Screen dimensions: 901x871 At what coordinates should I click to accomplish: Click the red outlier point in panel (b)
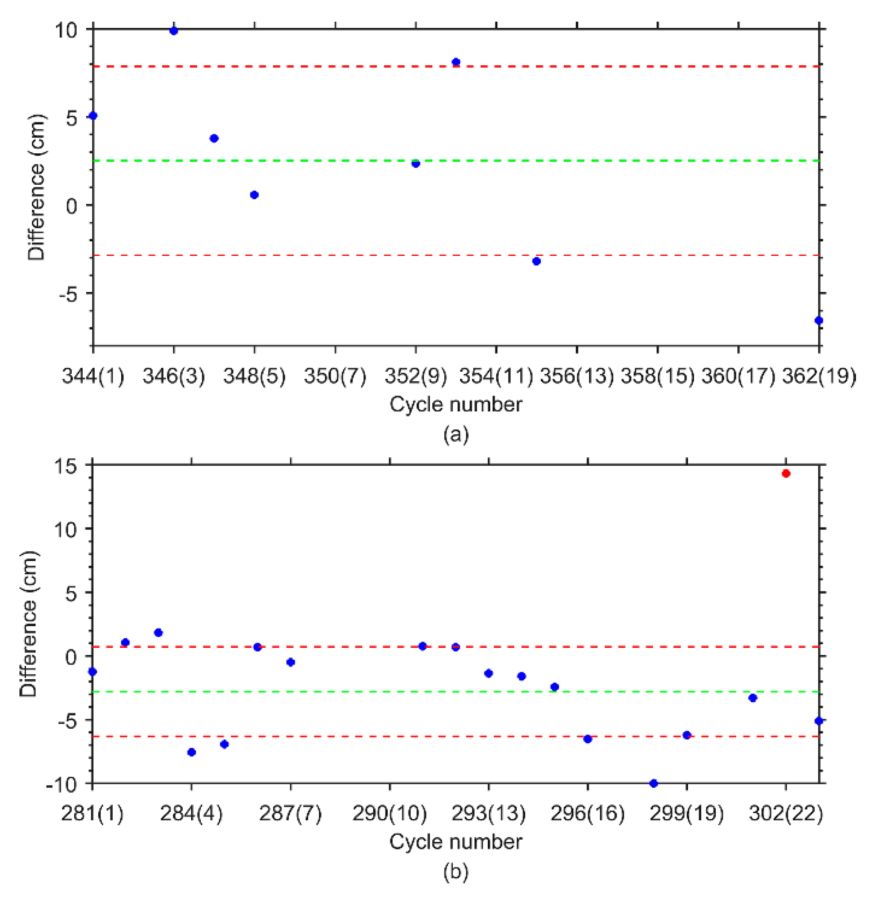point(786,474)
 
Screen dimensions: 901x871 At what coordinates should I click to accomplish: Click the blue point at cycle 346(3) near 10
point(173,31)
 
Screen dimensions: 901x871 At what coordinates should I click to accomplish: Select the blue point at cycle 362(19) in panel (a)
point(818,320)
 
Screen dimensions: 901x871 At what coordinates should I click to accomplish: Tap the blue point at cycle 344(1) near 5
point(93,115)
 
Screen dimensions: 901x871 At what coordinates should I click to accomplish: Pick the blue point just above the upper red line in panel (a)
point(456,62)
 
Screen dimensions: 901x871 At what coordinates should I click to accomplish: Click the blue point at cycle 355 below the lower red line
point(536,261)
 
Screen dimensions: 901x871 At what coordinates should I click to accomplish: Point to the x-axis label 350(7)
point(335,376)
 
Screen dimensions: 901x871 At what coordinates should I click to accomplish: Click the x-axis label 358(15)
point(657,376)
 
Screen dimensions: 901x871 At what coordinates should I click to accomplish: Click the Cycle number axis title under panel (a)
point(455,404)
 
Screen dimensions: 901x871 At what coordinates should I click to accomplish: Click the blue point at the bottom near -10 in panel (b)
point(653,783)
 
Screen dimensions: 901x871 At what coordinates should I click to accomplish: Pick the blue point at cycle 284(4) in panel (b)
point(192,752)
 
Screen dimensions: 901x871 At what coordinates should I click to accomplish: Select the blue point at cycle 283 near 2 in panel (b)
point(158,632)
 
